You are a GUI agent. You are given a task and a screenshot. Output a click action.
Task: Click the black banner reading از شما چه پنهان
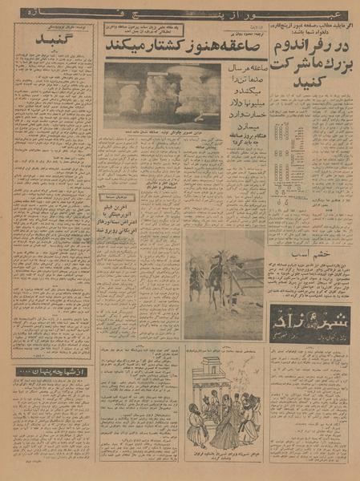[x=50, y=372]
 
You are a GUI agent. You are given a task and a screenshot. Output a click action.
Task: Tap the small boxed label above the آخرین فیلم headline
[x=118, y=196]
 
